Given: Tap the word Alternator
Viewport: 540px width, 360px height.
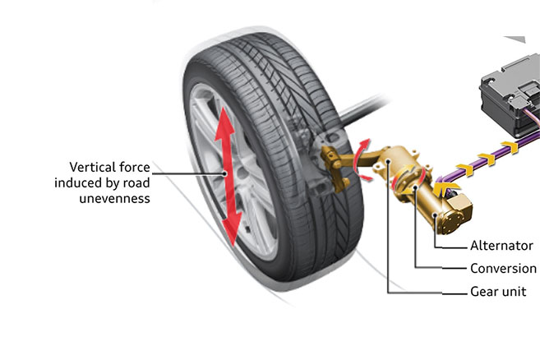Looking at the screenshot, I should (x=502, y=244).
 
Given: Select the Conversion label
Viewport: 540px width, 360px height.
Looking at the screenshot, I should (x=503, y=268).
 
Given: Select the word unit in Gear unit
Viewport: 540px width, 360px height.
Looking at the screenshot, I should (x=516, y=292).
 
